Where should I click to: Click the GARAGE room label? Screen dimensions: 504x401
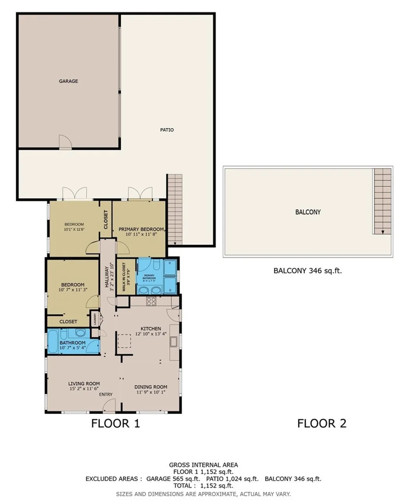point(68,81)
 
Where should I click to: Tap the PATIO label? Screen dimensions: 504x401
point(167,130)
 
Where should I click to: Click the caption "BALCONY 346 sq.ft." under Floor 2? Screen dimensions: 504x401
point(307,270)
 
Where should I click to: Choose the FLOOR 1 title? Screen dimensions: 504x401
point(115,423)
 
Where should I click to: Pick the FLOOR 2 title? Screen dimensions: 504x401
point(322,423)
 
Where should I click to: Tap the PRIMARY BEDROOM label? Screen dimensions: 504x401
point(141,229)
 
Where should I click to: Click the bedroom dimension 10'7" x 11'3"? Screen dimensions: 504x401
point(72,290)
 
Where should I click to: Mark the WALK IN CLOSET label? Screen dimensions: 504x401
point(124,277)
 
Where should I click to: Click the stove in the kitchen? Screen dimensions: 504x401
point(151,301)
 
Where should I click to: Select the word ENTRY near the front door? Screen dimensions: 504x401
point(106,394)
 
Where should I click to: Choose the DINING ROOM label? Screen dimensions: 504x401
point(151,387)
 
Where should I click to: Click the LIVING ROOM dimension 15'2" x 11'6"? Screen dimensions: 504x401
point(84,389)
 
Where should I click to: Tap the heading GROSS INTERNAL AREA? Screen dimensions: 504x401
point(203,465)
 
